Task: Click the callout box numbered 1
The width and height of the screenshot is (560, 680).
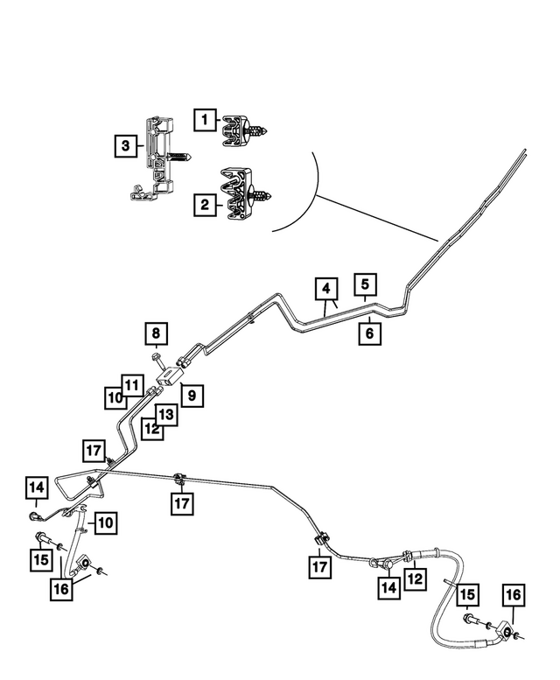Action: coord(205,119)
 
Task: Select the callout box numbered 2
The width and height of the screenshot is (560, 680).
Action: coord(205,204)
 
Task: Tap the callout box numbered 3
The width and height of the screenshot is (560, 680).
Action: coord(126,145)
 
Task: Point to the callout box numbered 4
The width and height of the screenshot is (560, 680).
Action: coord(326,289)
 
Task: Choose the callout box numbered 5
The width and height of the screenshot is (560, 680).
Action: coord(365,284)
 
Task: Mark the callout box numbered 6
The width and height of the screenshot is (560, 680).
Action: coord(370,333)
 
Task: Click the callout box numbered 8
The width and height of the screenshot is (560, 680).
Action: coord(156,333)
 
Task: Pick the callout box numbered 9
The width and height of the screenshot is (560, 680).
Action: coord(192,395)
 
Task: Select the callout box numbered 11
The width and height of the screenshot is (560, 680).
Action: coord(132,385)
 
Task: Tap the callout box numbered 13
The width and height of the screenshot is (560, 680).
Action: coord(166,415)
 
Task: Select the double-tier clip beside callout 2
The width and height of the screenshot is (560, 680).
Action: coord(246,193)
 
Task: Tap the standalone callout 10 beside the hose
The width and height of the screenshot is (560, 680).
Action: coord(105,522)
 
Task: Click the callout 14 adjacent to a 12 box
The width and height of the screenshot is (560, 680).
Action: coord(388,587)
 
